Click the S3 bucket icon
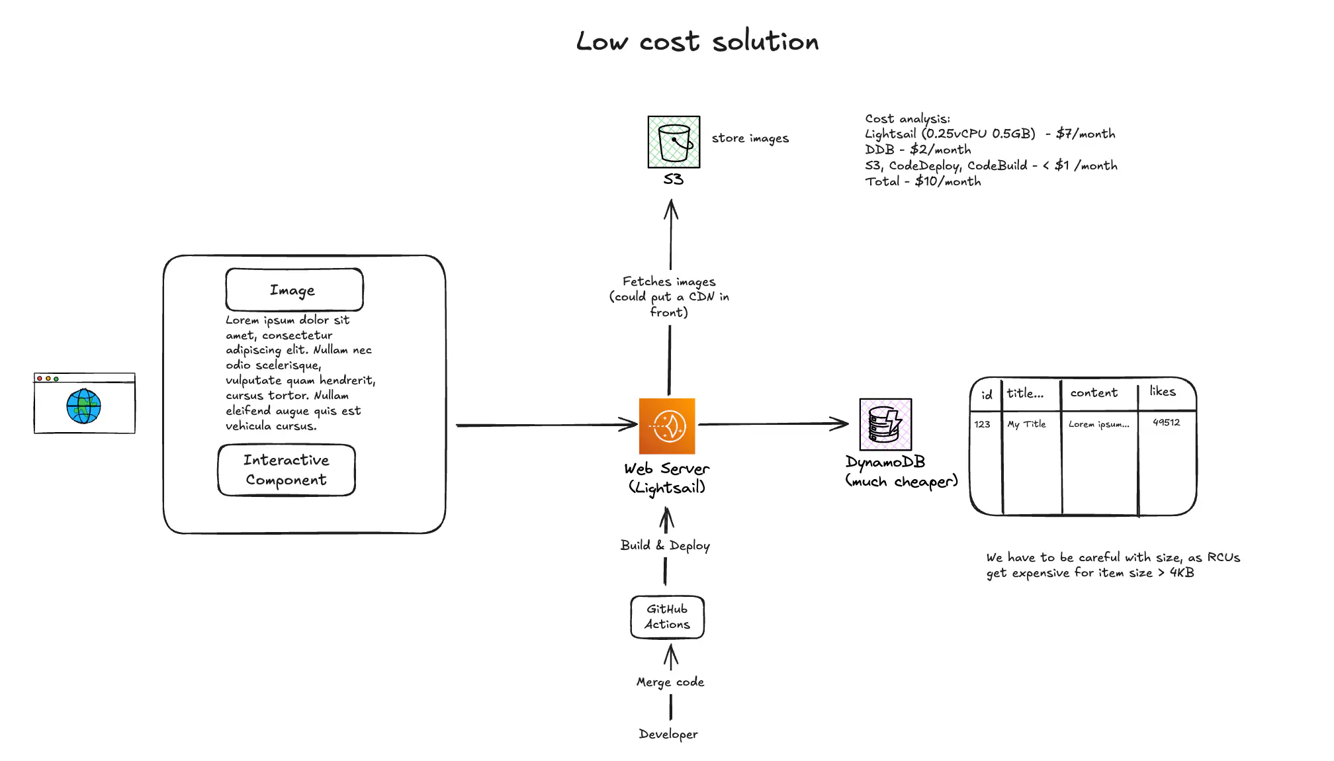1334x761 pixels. coord(674,142)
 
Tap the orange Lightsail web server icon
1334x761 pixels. coord(667,426)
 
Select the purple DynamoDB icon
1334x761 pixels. coord(885,425)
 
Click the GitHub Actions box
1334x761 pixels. coord(667,617)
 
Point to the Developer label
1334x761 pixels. coord(668,734)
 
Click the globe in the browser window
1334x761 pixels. coord(83,406)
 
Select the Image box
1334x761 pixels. coord(294,290)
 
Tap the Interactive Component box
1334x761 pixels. coord(287,470)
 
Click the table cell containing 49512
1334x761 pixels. coord(1166,422)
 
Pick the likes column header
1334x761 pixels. coord(1163,392)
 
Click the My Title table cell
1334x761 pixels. coord(1026,424)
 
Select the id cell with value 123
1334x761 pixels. coord(982,424)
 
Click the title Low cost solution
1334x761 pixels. coord(697,42)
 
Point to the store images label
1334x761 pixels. coord(750,138)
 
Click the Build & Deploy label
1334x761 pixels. coord(665,545)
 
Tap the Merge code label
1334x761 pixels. coord(670,682)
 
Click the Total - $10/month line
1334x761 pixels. coord(922,181)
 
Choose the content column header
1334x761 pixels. coord(1094,392)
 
